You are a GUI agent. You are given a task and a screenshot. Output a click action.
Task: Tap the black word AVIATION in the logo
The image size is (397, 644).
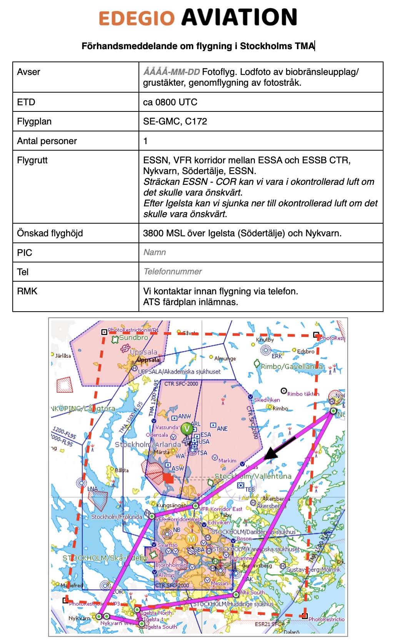click(x=239, y=17)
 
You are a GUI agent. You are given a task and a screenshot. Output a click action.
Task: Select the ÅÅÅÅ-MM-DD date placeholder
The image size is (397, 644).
click(x=172, y=72)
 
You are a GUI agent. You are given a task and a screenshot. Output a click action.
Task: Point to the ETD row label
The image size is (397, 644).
click(x=26, y=102)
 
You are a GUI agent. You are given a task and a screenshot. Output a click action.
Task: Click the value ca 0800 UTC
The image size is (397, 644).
click(x=170, y=102)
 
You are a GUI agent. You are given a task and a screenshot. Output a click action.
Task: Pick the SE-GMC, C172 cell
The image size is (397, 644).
click(x=175, y=121)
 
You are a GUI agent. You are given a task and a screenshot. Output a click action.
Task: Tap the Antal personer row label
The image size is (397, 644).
click(x=47, y=141)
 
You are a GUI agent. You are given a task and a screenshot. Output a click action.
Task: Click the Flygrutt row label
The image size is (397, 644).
click(x=32, y=160)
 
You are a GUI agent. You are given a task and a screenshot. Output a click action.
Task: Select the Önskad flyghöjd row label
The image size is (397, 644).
click(x=50, y=233)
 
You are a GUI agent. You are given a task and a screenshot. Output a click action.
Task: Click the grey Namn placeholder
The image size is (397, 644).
click(x=155, y=252)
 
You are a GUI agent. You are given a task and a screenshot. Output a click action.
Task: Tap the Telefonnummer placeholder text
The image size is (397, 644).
click(x=173, y=272)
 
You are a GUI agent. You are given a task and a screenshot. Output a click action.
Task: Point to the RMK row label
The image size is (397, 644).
click(x=27, y=291)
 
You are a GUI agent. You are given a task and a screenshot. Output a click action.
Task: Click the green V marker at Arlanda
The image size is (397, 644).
click(x=187, y=428)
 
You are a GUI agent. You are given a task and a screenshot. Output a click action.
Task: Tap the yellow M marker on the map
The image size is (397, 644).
click(x=191, y=539)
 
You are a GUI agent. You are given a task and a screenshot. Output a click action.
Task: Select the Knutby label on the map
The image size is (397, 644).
click(x=265, y=340)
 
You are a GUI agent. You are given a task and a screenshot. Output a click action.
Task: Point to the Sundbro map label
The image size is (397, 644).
click(x=133, y=338)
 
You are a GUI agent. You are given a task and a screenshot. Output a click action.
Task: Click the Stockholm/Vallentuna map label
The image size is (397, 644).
click(x=253, y=476)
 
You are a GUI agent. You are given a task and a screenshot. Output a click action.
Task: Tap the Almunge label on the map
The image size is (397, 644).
click(x=225, y=359)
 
